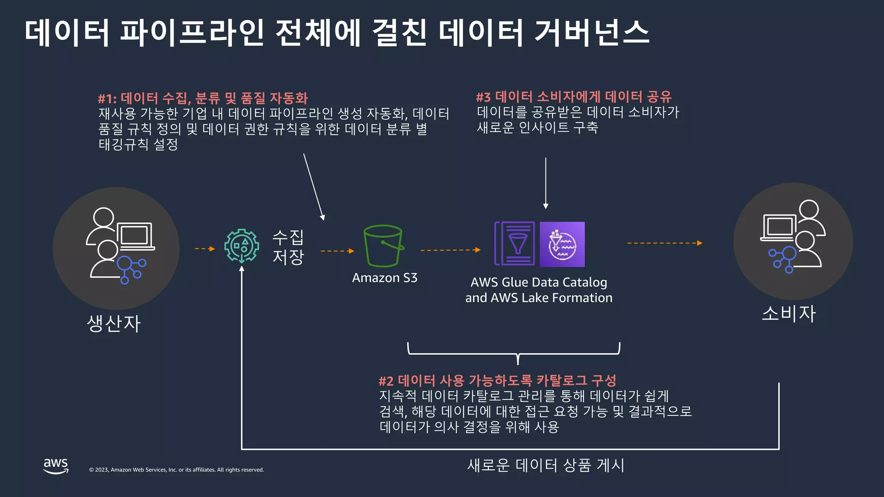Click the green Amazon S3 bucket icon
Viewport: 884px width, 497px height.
tap(383, 246)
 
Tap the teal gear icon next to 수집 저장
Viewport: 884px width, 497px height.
tap(242, 246)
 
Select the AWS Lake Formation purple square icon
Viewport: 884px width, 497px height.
tap(562, 245)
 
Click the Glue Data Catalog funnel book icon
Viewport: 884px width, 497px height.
tap(515, 244)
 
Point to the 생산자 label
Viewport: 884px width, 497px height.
tap(114, 324)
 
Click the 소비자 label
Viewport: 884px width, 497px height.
tap(789, 314)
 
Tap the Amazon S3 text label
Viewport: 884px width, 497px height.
tap(385, 278)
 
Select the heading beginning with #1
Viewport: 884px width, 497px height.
tap(203, 98)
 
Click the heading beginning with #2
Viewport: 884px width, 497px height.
tap(497, 381)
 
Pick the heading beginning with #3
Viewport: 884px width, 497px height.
tap(574, 97)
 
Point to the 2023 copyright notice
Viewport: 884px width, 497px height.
tap(176, 470)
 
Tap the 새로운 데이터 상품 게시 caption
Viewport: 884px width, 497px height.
tap(546, 466)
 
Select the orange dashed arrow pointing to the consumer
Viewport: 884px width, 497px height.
tap(665, 243)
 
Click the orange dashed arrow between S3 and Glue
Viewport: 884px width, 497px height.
tap(450, 250)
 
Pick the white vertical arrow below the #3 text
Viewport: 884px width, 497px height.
tap(546, 183)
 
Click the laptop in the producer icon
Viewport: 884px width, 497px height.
tap(135, 236)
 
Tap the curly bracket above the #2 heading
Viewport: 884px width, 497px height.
tap(514, 353)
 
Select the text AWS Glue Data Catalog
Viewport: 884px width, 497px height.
tap(539, 283)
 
